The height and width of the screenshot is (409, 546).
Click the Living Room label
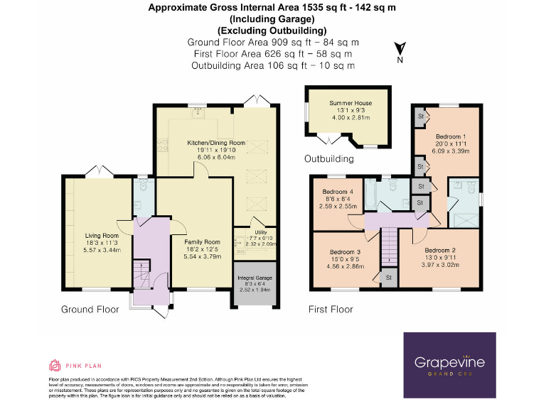tap(102, 236)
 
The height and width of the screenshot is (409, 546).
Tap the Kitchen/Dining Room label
tap(216, 143)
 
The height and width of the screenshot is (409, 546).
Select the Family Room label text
tap(203, 242)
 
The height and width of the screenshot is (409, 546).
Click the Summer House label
tap(350, 104)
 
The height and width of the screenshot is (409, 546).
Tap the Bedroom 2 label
tap(440, 251)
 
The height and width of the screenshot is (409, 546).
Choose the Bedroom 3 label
tap(344, 252)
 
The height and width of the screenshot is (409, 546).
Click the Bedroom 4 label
tap(338, 192)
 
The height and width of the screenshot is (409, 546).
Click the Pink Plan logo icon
tap(55, 365)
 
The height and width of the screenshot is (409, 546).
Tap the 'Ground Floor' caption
tap(90, 310)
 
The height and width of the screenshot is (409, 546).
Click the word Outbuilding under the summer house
tap(329, 159)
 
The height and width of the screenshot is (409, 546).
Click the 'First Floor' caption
tap(331, 310)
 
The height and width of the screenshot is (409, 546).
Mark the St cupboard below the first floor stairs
tap(390, 278)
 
